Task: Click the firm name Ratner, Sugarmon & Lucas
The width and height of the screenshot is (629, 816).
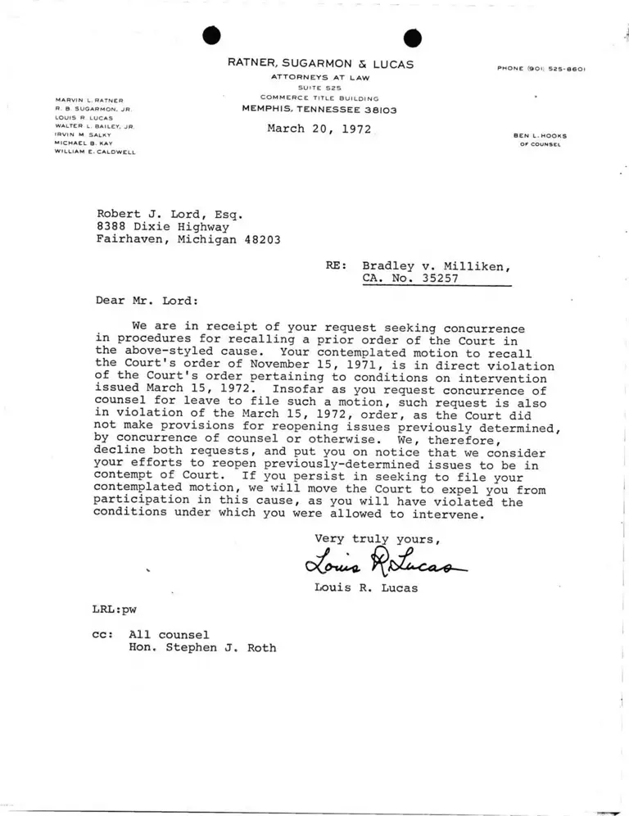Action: (320, 64)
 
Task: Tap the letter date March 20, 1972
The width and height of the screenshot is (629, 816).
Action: (319, 129)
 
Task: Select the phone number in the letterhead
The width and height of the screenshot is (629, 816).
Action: (541, 69)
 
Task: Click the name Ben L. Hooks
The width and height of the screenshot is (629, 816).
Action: (540, 135)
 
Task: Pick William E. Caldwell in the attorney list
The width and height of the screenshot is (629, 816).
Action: (95, 152)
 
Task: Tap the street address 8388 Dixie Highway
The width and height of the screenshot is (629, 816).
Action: (163, 227)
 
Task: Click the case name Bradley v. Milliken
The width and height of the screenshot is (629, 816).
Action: (437, 265)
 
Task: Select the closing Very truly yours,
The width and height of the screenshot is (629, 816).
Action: (378, 538)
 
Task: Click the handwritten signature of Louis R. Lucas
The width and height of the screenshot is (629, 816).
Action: (384, 563)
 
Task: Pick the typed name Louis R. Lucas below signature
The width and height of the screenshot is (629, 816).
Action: (365, 587)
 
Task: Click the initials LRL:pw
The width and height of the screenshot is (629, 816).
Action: (115, 610)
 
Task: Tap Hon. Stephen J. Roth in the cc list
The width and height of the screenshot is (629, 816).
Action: (202, 647)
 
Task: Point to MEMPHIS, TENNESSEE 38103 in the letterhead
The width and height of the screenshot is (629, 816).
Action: (319, 109)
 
